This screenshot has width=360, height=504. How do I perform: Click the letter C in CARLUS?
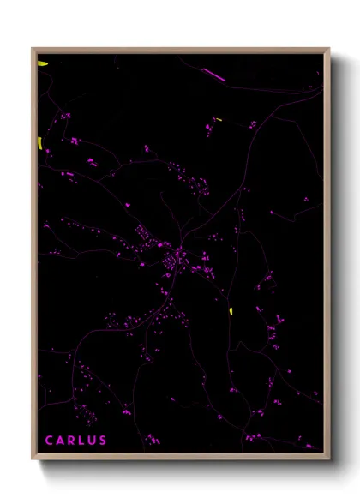[49, 441]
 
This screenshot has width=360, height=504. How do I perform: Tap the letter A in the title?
[61, 441]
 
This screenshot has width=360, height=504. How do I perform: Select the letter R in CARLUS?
[72, 441]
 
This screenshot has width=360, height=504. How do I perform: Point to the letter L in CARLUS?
[82, 441]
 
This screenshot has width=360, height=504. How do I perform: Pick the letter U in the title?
[93, 441]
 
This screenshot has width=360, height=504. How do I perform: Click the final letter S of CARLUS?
[104, 441]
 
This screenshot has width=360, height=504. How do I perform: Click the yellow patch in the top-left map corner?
[42, 63]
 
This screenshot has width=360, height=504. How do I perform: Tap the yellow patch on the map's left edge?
[39, 142]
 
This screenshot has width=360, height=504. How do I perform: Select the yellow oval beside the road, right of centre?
[231, 310]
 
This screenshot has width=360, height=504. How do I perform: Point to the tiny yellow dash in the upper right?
[218, 119]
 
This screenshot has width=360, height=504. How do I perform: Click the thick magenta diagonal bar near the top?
[212, 74]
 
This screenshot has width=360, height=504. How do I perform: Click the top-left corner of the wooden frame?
[33, 49]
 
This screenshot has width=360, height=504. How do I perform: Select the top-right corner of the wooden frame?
[328, 49]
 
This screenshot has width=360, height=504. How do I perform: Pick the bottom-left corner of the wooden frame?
[33, 459]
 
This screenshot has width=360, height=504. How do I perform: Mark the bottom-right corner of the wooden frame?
[328, 459]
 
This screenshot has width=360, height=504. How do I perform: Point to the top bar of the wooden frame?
[180, 50]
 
